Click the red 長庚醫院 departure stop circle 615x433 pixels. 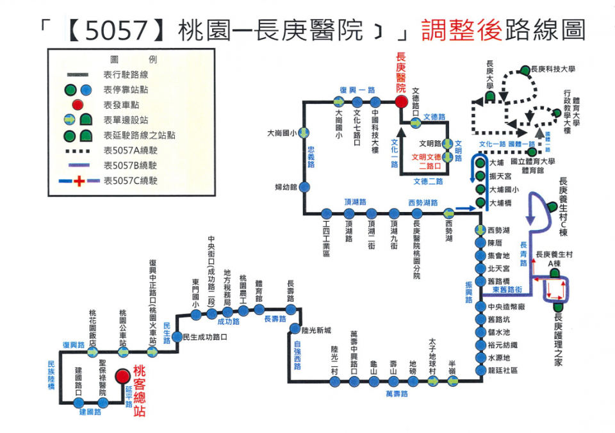(x=401, y=102)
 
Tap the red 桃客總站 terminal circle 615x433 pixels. (x=122, y=377)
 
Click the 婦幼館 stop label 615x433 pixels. (x=284, y=187)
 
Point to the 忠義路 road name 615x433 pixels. (x=311, y=156)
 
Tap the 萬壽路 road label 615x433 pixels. (x=397, y=394)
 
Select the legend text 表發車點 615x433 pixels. (x=121, y=105)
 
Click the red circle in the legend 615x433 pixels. (x=78, y=105)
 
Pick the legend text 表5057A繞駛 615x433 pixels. (x=130, y=151)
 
